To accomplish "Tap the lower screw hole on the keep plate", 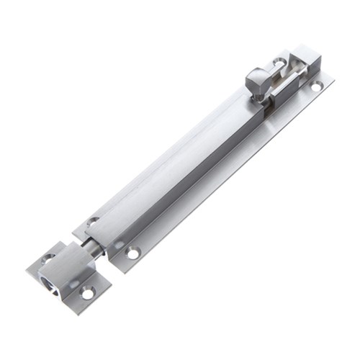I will click(x=87, y=293).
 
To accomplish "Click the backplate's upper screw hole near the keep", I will click(x=92, y=222).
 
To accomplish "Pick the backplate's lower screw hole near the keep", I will click(x=132, y=253).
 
